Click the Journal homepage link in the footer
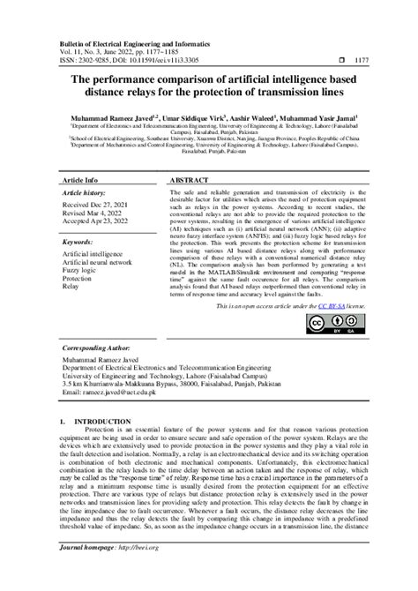point(119,572)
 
